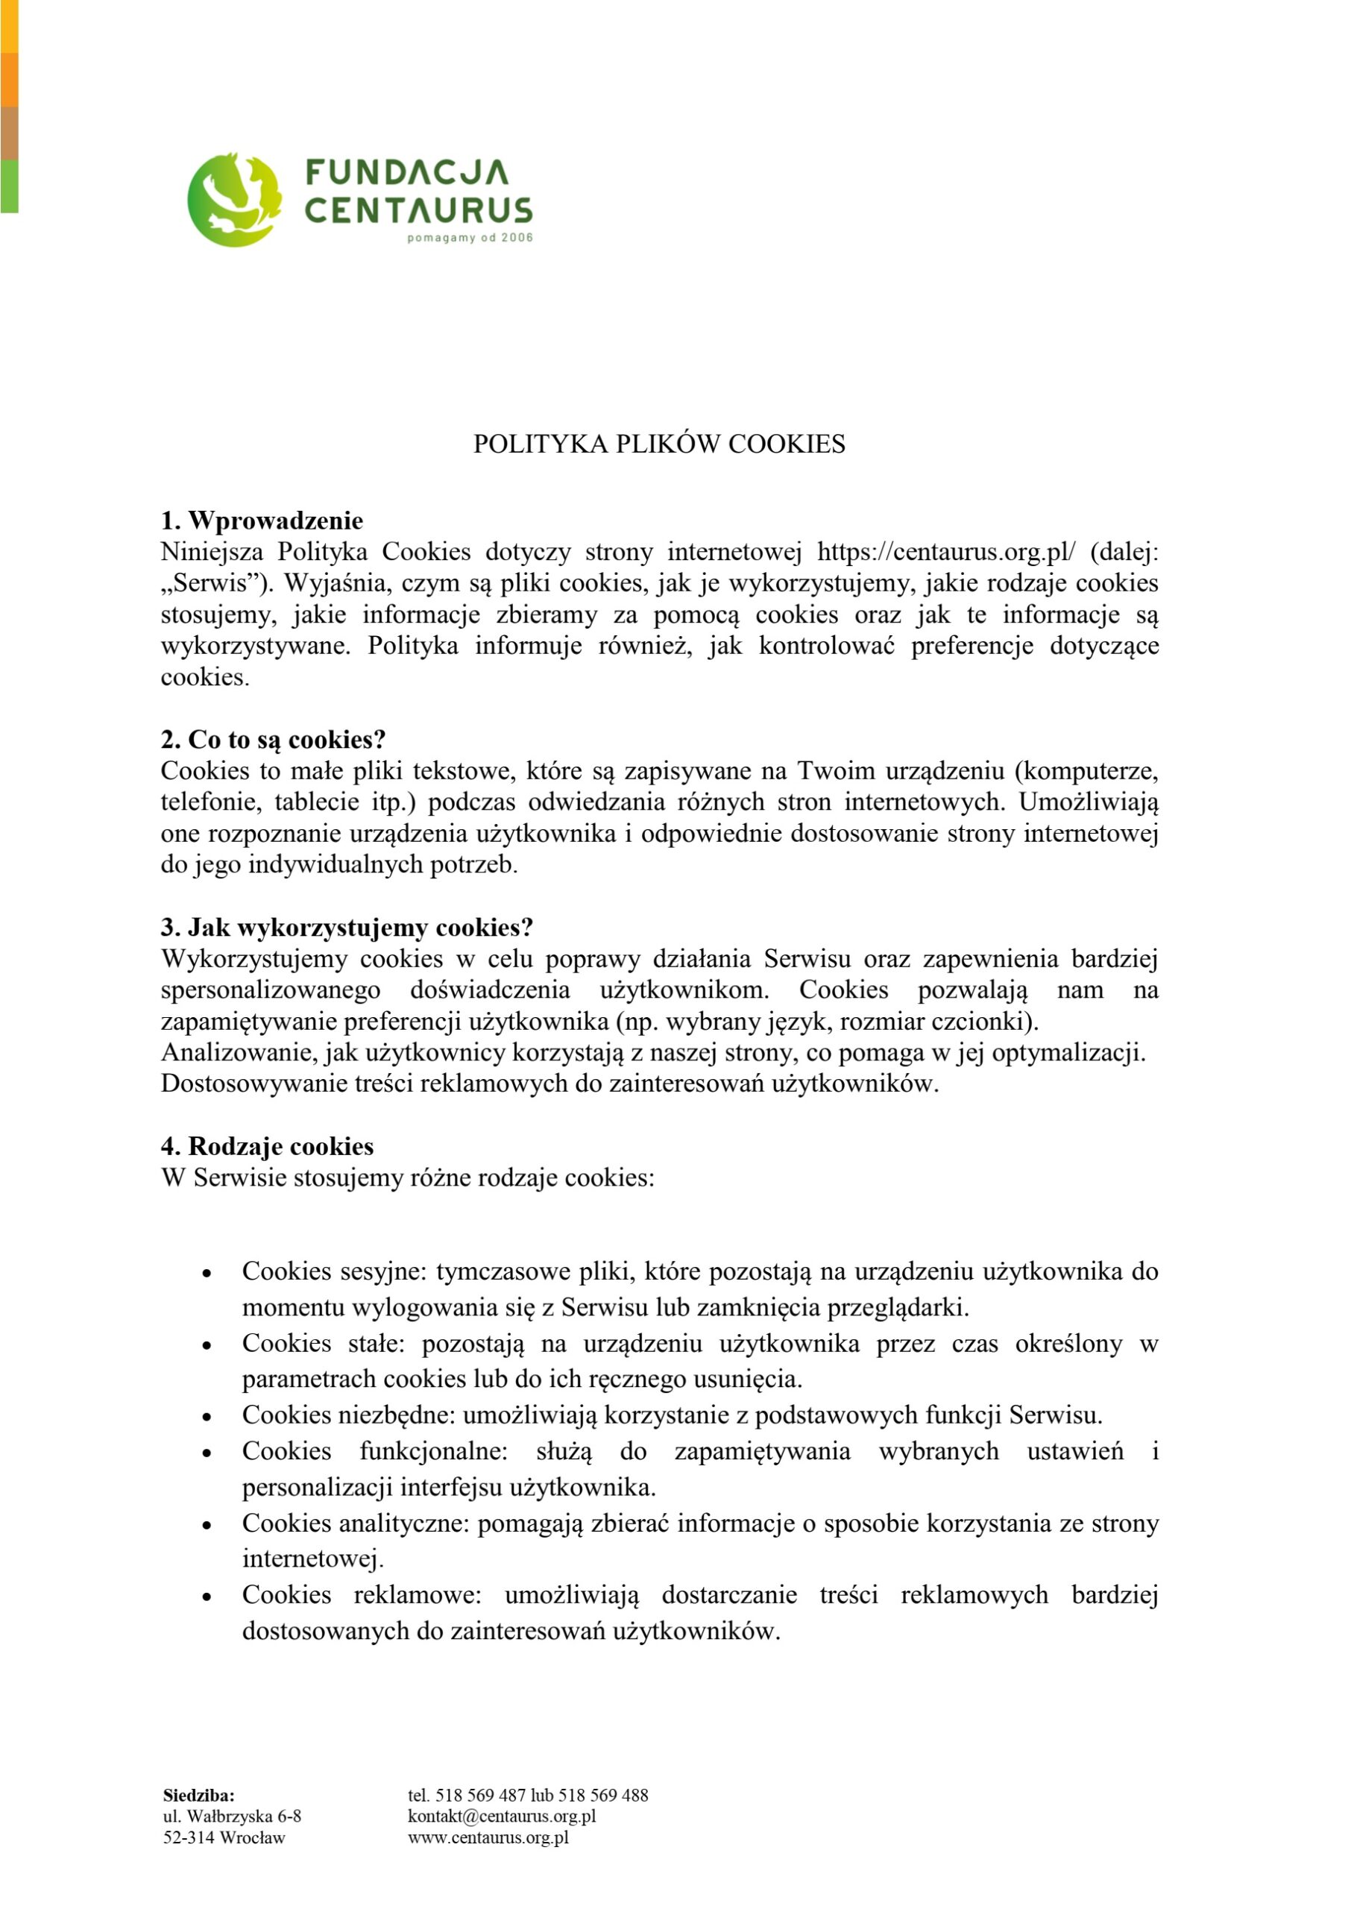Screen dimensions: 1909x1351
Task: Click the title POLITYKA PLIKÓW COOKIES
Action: pos(659,444)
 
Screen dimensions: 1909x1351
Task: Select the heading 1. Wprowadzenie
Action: pos(262,521)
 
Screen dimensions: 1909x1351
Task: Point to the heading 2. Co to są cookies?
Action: pos(274,740)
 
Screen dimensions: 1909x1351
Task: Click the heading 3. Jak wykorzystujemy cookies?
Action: pos(347,928)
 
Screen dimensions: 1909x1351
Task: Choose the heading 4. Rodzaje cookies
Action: pos(267,1146)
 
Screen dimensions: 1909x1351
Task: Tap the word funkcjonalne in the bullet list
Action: pos(433,1451)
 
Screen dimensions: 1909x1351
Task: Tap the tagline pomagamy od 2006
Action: pos(470,239)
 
